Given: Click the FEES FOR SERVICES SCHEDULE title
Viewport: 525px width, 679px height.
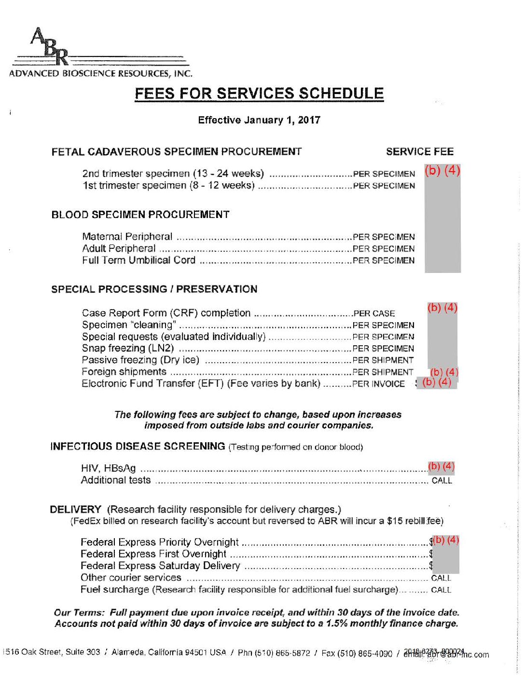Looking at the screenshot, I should tap(259, 94).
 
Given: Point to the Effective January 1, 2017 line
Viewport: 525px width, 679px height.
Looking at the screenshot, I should tap(259, 120).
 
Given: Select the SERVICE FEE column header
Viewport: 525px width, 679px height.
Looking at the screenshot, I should tap(419, 152).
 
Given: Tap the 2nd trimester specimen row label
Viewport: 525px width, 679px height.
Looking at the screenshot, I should tap(173, 174).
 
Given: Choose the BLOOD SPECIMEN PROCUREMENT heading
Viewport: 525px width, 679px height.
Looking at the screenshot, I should tap(140, 215).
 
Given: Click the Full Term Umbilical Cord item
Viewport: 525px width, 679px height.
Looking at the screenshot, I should tap(138, 260).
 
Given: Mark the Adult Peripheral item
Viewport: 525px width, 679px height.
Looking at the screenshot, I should tap(119, 249).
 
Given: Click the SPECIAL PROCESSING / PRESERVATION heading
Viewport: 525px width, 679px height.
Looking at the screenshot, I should tap(154, 289).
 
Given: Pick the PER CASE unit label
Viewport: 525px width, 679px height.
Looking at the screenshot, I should tap(374, 313).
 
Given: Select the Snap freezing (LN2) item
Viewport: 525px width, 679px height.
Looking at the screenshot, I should tap(128, 348).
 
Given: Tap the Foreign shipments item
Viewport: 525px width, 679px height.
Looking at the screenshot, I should tap(124, 372).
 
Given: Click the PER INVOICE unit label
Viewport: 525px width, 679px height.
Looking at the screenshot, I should tap(378, 384).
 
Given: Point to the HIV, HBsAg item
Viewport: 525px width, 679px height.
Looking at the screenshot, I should tap(109, 468).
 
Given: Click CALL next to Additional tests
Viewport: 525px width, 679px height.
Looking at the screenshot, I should tap(442, 480).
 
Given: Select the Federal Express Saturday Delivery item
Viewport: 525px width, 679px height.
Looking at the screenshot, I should tap(160, 566).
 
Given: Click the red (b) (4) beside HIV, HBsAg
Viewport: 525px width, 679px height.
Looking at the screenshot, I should tap(441, 466).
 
